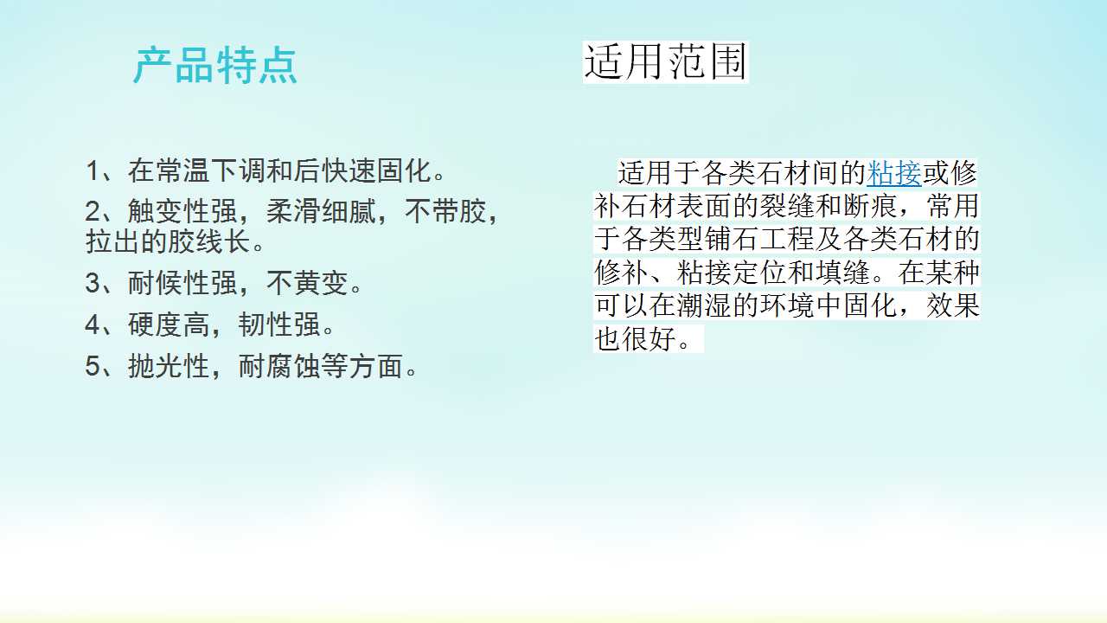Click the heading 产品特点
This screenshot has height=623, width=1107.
click(215, 66)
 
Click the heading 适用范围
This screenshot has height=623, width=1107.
click(665, 61)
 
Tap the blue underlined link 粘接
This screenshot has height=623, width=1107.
click(894, 173)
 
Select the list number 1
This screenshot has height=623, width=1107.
click(93, 171)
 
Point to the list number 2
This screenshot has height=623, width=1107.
click(93, 212)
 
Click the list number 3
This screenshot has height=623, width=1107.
click(93, 283)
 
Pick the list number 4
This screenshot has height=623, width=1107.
click(93, 324)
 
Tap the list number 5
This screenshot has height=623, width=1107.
click(93, 366)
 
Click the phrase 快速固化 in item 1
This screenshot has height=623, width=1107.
click(376, 171)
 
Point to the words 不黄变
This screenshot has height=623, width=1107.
click(307, 283)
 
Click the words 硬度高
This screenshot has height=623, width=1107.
click(169, 324)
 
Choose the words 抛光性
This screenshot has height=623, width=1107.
click(169, 366)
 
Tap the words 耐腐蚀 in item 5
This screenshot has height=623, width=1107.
click(279, 366)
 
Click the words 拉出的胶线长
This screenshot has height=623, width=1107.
click(168, 241)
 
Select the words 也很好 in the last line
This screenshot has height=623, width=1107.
click(635, 338)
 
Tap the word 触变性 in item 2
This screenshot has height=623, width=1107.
click(169, 212)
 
